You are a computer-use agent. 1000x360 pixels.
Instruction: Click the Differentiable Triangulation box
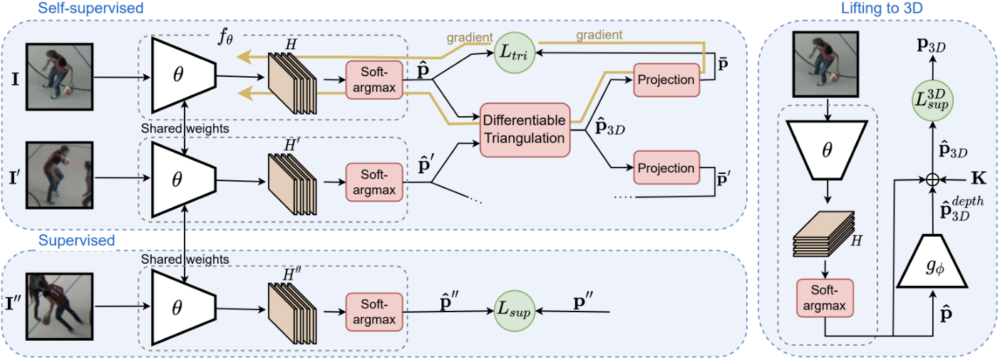(x=525, y=130)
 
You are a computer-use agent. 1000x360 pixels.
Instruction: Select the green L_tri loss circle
(x=515, y=53)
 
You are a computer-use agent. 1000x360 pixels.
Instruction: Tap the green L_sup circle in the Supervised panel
(x=515, y=311)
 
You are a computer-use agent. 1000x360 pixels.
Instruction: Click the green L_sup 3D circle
(x=932, y=100)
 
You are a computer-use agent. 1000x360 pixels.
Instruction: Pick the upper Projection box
(x=666, y=80)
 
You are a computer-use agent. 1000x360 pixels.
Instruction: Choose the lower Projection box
(x=666, y=168)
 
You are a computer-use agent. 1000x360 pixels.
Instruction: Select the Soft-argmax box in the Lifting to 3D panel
(x=825, y=298)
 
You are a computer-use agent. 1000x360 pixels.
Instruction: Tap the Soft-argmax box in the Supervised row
(x=374, y=312)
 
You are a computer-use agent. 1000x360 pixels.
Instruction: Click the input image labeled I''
(x=59, y=307)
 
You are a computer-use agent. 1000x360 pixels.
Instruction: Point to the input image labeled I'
(x=59, y=175)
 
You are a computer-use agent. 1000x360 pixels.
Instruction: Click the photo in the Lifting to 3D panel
(x=826, y=64)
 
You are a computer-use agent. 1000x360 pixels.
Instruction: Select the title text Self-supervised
(x=91, y=8)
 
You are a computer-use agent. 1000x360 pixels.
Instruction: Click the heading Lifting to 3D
(x=882, y=8)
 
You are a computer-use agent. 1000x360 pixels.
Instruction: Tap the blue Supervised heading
(x=76, y=240)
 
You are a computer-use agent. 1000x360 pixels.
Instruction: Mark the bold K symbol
(x=978, y=179)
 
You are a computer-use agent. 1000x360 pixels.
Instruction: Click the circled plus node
(x=932, y=180)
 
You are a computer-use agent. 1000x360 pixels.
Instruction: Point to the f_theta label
(x=225, y=36)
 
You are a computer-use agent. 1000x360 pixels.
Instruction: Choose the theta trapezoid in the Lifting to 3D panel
(x=827, y=150)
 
